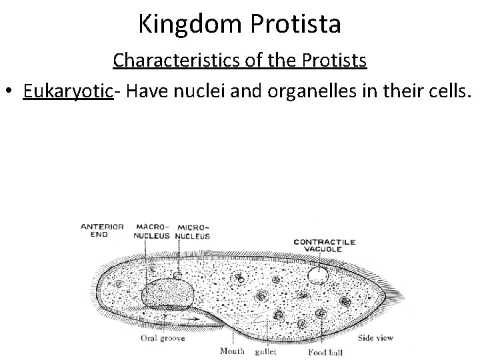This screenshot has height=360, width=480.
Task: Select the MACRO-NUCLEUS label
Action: point(153,231)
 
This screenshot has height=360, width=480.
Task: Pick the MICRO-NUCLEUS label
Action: point(193,231)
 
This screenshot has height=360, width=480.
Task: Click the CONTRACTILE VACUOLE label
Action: point(325,245)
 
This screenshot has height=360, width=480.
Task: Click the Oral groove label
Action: point(163,338)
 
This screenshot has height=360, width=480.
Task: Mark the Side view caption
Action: point(375,338)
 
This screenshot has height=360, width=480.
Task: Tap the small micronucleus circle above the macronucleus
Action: point(178,274)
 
